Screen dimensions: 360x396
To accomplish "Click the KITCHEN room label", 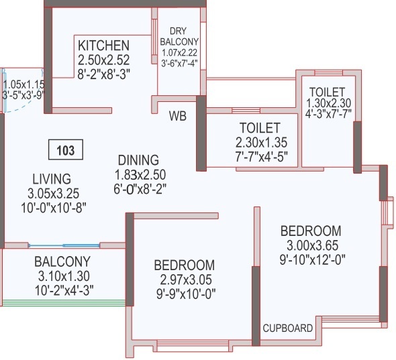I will coord(103,46).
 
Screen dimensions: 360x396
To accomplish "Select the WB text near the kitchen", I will coord(178,115).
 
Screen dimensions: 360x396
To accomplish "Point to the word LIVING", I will coord(51,178).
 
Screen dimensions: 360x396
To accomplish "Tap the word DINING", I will coord(138,160).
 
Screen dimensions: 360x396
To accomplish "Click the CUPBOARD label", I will coord(287,328).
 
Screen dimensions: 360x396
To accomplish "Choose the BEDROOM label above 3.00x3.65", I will coord(310,230).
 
